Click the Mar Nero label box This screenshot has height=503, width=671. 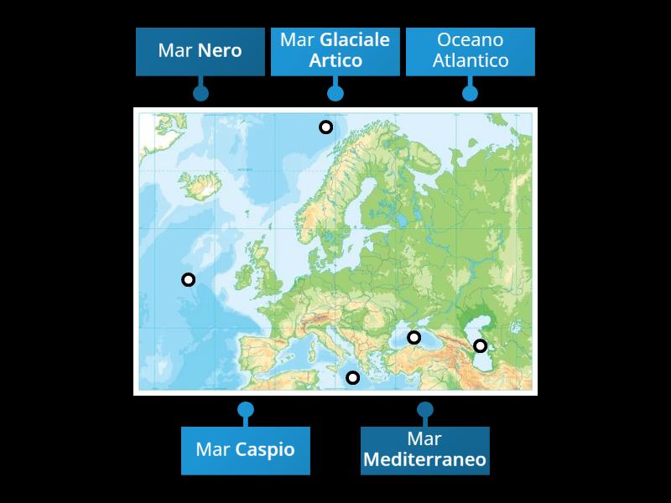[x=200, y=51]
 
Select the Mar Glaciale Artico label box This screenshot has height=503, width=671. [x=335, y=51]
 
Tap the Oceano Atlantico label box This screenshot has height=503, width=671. [x=470, y=51]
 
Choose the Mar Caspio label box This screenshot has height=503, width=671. [x=245, y=450]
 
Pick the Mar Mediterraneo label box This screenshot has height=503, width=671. [x=424, y=450]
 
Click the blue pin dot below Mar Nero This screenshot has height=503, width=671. [x=200, y=93]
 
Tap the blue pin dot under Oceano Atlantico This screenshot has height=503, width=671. [x=470, y=93]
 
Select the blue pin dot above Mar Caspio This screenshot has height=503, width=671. [x=245, y=410]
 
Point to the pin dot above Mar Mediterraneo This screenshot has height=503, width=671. [x=425, y=410]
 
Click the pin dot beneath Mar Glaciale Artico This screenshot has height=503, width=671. [x=335, y=93]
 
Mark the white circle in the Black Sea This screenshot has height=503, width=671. [x=414, y=338]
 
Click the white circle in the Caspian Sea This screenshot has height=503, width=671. [x=480, y=345]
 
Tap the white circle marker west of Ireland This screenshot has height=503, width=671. [x=188, y=280]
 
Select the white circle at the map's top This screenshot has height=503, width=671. [x=325, y=127]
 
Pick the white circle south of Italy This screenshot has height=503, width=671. [x=353, y=378]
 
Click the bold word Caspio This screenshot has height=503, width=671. [x=265, y=450]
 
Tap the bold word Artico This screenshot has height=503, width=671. [x=335, y=61]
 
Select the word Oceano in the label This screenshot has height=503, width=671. [x=470, y=40]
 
